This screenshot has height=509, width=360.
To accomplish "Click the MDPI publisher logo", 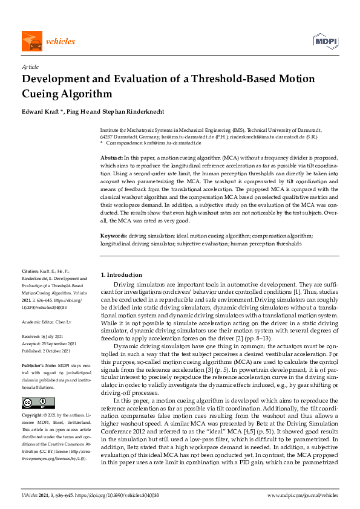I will [x=325, y=41].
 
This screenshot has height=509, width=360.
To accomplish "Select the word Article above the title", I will [x=30, y=67].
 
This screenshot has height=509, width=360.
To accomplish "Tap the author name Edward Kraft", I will [x=41, y=111].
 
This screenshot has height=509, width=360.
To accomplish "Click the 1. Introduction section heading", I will [x=121, y=275].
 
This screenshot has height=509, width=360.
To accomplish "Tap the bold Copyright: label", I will [x=32, y=400].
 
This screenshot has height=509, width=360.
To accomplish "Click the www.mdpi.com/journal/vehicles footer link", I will [x=303, y=495].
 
